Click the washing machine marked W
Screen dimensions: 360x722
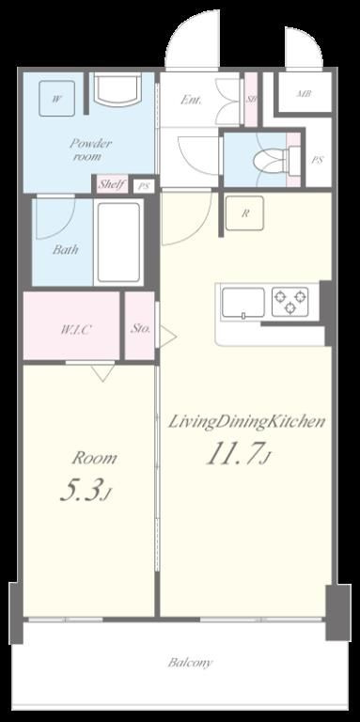click(56, 99)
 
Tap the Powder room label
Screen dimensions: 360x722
click(91, 149)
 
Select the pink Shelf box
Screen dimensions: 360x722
click(113, 185)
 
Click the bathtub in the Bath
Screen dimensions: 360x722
click(118, 243)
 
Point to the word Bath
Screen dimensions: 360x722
click(65, 249)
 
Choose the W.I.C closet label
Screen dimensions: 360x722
click(76, 329)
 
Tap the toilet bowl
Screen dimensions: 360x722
click(271, 161)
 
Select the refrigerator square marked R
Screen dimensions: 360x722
click(245, 213)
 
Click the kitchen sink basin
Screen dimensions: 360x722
click(243, 303)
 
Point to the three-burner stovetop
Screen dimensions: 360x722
click(290, 302)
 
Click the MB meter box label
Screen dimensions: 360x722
click(304, 93)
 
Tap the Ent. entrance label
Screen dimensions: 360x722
click(191, 100)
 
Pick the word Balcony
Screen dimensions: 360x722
click(190, 663)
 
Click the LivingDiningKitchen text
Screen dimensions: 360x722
click(246, 421)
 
